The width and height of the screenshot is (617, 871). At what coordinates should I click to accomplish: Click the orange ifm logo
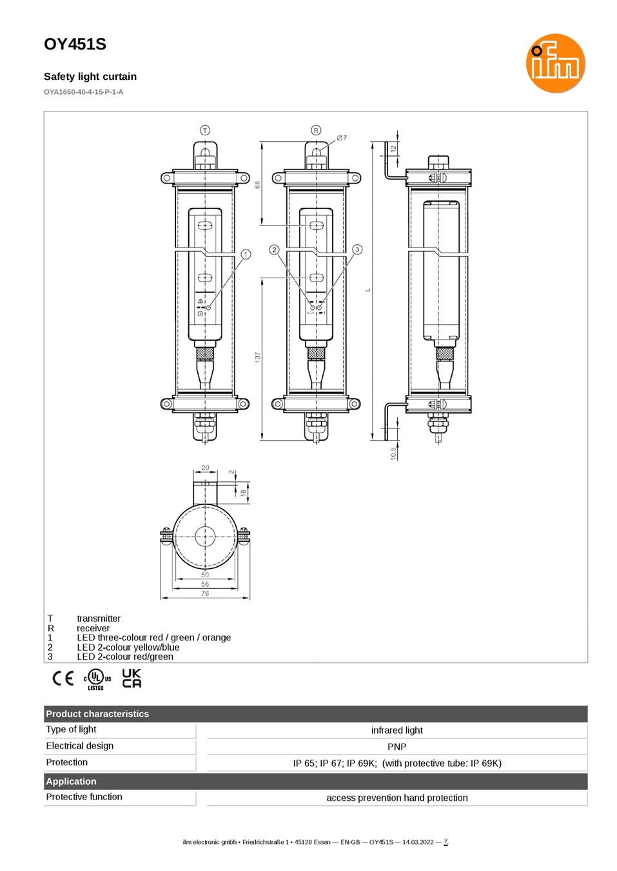coord(555,63)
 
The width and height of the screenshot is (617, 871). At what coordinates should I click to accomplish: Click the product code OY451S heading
coord(75,44)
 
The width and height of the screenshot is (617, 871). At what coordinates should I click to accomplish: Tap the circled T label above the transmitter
coord(205,130)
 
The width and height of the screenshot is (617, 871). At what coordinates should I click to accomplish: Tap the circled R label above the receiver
coord(316,130)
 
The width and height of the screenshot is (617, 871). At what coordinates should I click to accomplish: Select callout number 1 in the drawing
coord(246,254)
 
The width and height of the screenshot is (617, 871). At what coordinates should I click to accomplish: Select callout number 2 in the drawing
coord(274,249)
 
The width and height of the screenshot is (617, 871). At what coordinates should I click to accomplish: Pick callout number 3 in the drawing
coord(357,249)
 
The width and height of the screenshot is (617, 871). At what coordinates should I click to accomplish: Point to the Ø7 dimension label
coord(342,138)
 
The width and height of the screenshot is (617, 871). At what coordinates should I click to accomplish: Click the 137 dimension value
coord(257,358)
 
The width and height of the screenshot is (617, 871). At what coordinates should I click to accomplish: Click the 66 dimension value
coord(257,185)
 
